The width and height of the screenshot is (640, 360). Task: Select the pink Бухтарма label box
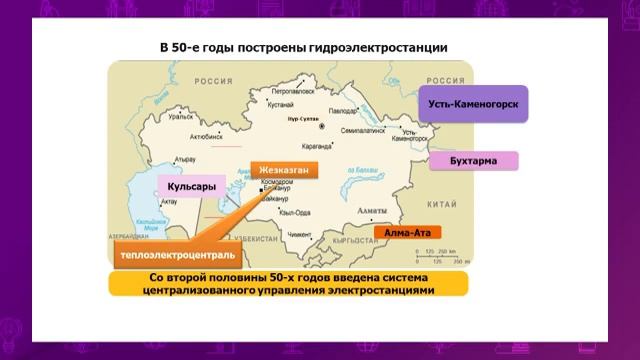tap(474, 161)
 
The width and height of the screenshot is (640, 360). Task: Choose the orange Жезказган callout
tap(284, 170)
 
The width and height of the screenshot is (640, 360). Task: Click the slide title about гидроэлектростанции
tap(303, 47)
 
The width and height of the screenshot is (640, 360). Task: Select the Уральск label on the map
tap(180, 117)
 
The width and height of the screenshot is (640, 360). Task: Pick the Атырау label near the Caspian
tap(184, 159)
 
